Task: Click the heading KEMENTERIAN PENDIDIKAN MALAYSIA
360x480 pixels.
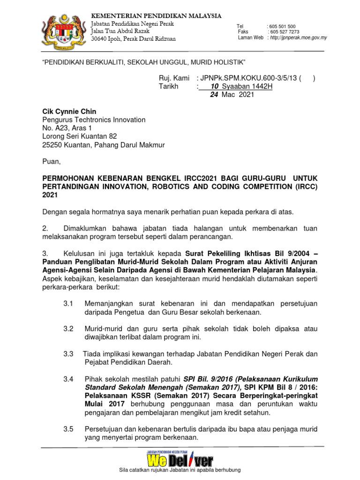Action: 156,16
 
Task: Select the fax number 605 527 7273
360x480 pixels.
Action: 284,32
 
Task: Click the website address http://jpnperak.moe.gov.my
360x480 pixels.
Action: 298,38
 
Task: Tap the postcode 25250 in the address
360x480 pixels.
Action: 52,145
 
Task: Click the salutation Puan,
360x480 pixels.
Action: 52,162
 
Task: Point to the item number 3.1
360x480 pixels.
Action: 68,304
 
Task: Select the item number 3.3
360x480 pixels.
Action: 68,354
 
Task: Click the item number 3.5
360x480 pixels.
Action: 68,429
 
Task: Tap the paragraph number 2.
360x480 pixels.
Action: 45,229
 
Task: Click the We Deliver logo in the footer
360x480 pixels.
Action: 180,460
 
